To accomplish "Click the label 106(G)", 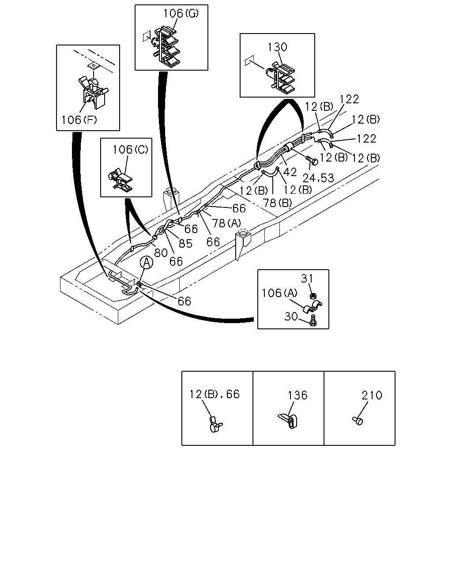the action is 181,13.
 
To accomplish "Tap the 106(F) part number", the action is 79,120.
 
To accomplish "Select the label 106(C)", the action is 130,150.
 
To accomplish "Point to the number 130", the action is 277,47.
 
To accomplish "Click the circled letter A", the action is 147,263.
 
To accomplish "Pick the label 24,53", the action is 318,178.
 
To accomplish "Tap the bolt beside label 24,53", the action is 312,160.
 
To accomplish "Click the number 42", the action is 290,172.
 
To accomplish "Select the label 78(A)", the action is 226,223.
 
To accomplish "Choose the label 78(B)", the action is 277,203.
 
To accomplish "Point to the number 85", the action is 185,244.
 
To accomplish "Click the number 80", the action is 161,253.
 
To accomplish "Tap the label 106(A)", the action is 279,293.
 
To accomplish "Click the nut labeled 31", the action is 313,296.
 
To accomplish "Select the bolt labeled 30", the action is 313,320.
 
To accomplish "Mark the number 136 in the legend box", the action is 298,395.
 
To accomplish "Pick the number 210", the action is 372,395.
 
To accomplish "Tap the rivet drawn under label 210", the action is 358,421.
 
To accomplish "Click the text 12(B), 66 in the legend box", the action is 215,394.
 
